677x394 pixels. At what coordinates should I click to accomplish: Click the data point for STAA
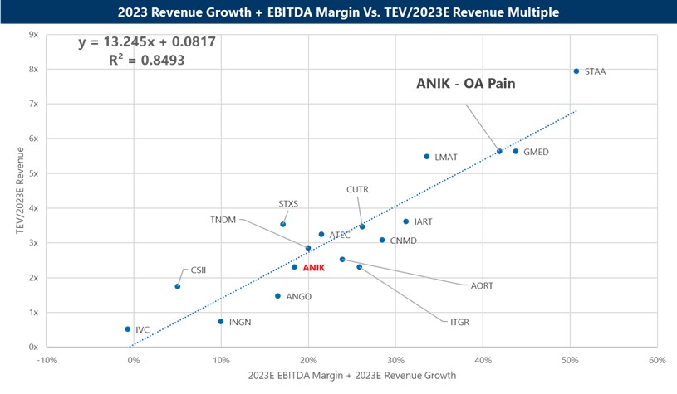(576, 71)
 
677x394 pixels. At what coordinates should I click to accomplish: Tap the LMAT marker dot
(427, 157)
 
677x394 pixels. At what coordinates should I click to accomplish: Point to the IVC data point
(128, 329)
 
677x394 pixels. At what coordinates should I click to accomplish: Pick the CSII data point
(178, 287)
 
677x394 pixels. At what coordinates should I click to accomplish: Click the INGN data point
(221, 322)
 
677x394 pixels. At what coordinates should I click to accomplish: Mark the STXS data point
(282, 224)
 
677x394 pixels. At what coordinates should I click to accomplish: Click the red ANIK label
(314, 268)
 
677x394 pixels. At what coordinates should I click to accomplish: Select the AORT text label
(482, 286)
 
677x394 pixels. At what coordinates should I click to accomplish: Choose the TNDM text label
(223, 220)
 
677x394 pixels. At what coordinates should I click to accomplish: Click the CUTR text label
(358, 190)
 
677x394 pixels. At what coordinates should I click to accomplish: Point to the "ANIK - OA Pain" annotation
(472, 83)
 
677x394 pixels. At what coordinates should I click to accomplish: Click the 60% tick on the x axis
(657, 360)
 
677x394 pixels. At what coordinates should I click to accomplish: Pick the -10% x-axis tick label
(47, 360)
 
